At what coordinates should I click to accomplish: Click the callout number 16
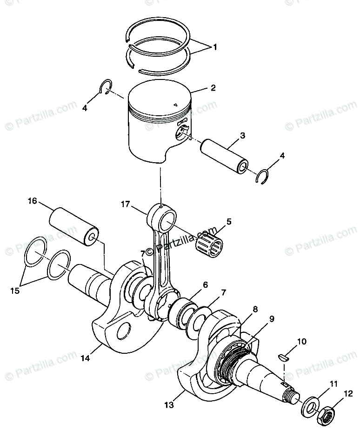tap(32, 201)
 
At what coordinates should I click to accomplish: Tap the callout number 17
tap(125, 204)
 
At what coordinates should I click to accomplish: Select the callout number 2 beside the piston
tap(213, 87)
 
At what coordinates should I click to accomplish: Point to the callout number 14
tap(85, 358)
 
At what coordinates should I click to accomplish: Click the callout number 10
tap(302, 342)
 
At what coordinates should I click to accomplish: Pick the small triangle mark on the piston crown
tap(176, 105)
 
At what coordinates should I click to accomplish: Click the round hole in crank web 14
tap(124, 332)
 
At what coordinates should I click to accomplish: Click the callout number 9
tap(271, 319)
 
